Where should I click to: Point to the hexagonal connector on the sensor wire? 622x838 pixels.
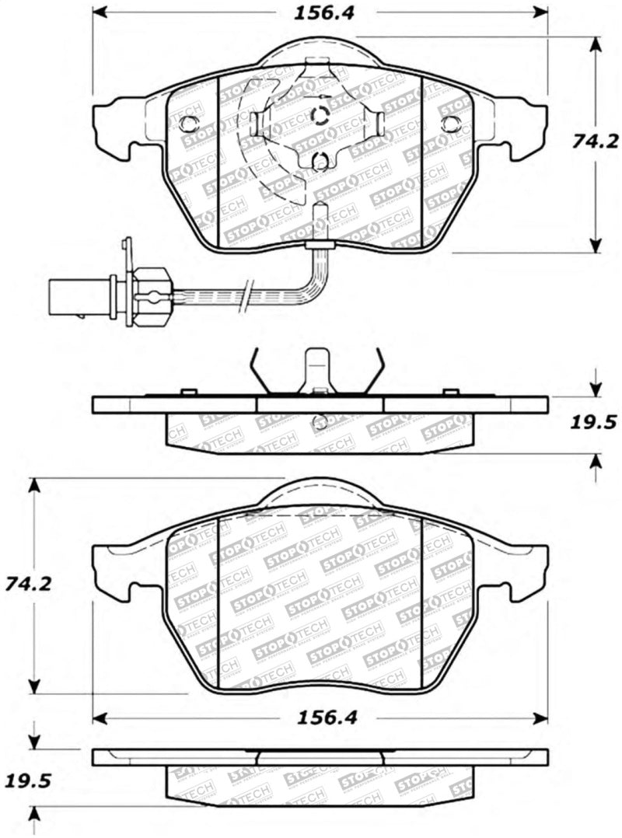pos(150,296)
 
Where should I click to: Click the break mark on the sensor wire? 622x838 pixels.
pos(246,295)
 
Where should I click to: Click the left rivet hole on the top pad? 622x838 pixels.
pos(188,123)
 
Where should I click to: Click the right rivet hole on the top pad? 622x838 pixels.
pos(451,123)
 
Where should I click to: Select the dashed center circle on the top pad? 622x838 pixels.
pos(320,116)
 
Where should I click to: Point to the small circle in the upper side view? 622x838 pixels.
pos(319,423)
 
